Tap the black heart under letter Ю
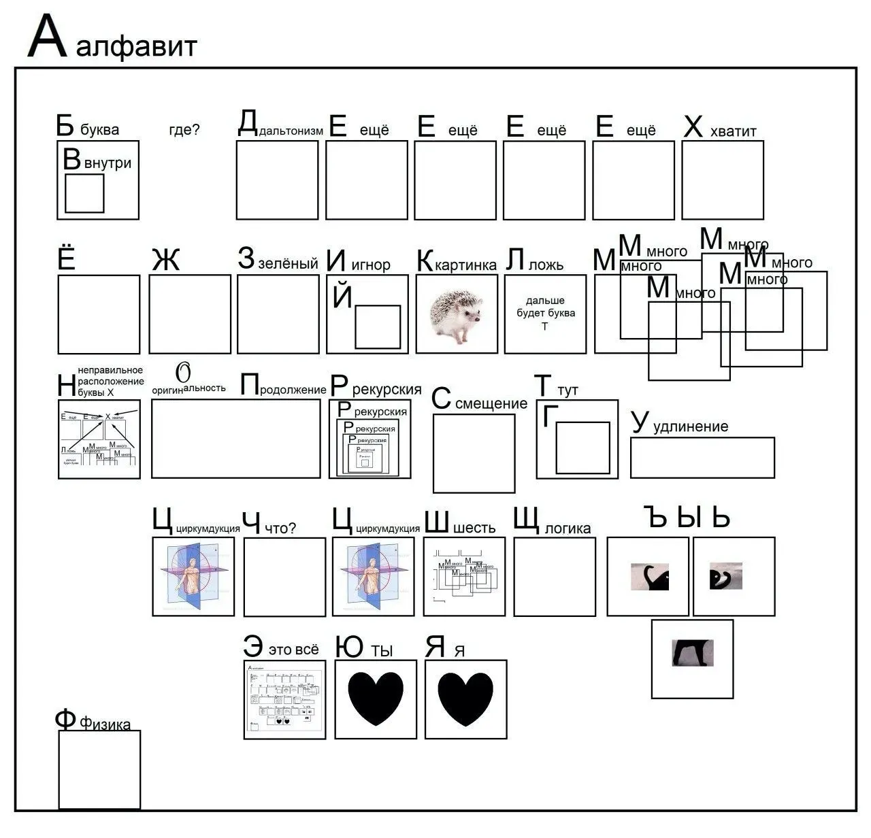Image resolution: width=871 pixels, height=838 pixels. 376,699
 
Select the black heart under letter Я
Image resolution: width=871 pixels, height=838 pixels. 465,699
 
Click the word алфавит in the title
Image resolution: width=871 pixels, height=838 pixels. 137,46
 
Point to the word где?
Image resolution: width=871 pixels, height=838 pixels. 184,129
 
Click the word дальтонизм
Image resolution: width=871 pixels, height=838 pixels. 291,131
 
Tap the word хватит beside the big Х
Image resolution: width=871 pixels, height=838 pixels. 733,131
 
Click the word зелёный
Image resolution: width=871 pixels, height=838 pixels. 288,263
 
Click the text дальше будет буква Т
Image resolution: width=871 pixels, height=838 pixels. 544,313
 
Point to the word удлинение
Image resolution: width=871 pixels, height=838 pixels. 690,426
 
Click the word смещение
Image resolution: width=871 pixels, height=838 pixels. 491,403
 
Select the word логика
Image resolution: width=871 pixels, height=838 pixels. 568,529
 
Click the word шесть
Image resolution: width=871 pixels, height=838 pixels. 474,528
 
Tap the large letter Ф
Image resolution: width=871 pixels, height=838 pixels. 65,719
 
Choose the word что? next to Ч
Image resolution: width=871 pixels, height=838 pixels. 280,529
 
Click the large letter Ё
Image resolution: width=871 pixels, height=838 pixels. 67,258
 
